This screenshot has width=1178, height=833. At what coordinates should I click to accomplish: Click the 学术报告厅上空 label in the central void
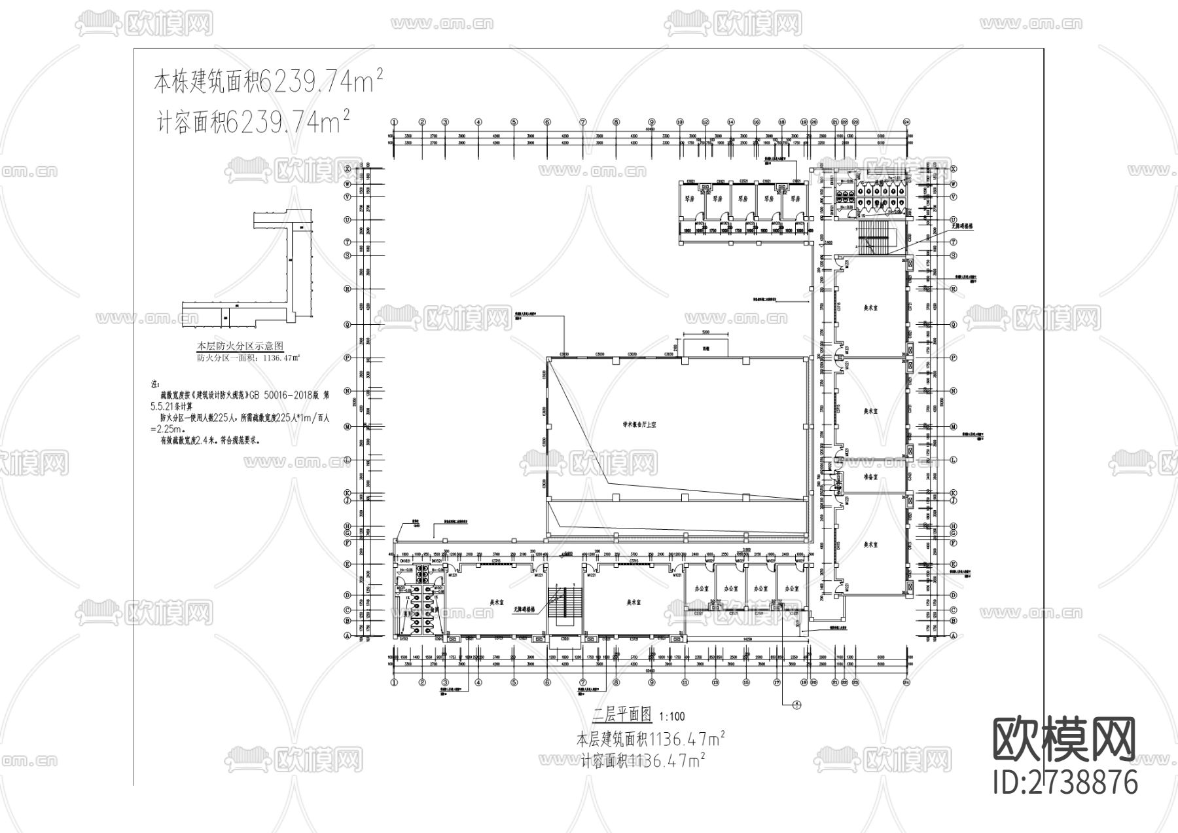pyautogui.click(x=639, y=425)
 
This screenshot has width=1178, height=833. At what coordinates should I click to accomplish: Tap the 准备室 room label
pyautogui.click(x=870, y=477)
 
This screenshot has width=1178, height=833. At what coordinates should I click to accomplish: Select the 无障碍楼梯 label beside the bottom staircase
pyautogui.click(x=523, y=609)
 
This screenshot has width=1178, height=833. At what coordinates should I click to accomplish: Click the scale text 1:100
pyautogui.click(x=672, y=717)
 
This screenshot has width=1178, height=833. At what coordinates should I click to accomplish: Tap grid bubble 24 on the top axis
pyautogui.click(x=906, y=122)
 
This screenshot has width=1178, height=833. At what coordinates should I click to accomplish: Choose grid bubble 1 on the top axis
pyautogui.click(x=394, y=122)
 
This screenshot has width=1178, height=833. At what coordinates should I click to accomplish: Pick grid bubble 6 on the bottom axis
pyautogui.click(x=547, y=682)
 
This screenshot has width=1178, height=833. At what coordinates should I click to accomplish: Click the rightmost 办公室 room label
pyautogui.click(x=790, y=589)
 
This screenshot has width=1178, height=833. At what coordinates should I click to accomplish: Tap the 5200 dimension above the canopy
pyautogui.click(x=705, y=333)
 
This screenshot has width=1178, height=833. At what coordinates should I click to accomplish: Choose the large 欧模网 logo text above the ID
pyautogui.click(x=1064, y=740)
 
